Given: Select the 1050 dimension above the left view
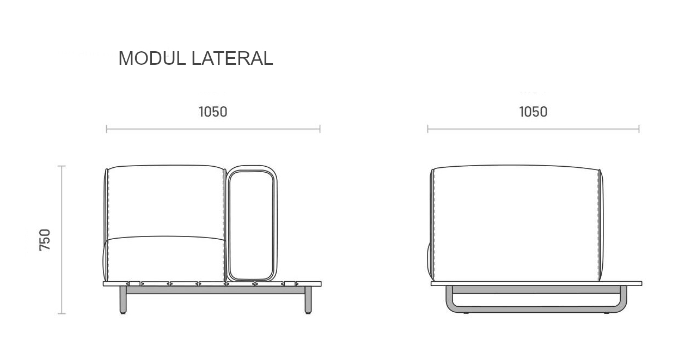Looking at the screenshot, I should tap(213, 112).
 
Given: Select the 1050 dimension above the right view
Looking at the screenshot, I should tap(533, 112).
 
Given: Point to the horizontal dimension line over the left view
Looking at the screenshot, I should tap(213, 129).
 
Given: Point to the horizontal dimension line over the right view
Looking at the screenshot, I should tap(533, 129).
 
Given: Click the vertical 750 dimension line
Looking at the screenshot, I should tap(62, 240).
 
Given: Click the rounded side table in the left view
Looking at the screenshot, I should tap(252, 223).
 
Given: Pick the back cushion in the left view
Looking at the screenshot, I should tap(165, 202).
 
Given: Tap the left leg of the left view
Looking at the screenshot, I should tap(123, 300).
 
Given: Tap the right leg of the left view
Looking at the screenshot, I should tap(308, 300).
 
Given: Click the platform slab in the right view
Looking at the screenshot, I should tap(536, 283).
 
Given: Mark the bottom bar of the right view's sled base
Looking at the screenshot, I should tap(536, 309).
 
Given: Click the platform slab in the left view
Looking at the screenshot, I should tap(212, 283).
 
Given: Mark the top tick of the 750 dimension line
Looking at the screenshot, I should tap(62, 166).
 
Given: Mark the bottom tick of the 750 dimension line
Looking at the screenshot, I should tap(62, 313).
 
